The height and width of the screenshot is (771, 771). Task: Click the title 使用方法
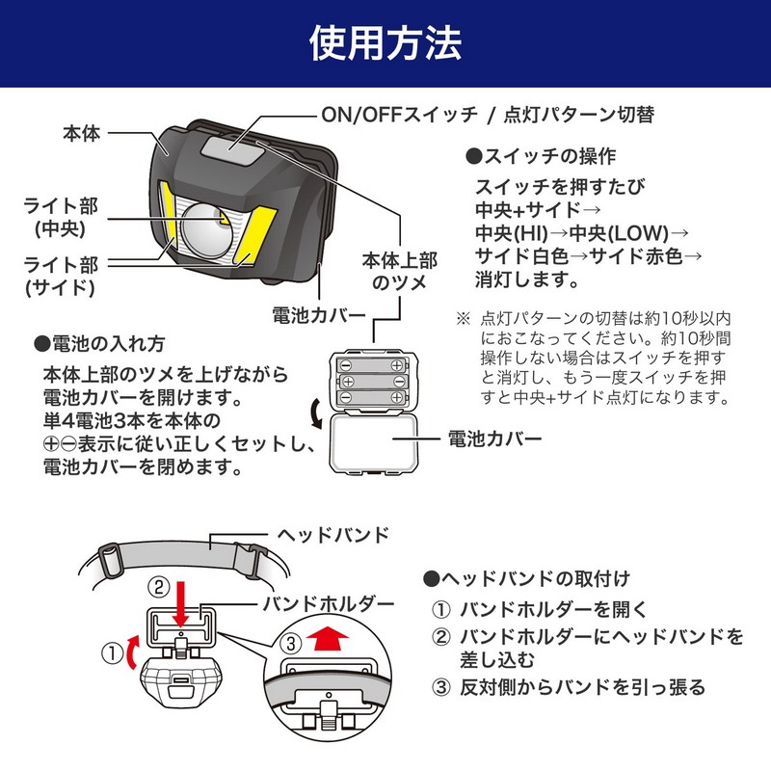tap(385, 43)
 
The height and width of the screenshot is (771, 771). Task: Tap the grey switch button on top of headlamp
tap(234, 147)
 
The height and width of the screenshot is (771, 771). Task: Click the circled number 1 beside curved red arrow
tap(112, 654)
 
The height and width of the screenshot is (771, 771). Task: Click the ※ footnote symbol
tap(463, 317)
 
